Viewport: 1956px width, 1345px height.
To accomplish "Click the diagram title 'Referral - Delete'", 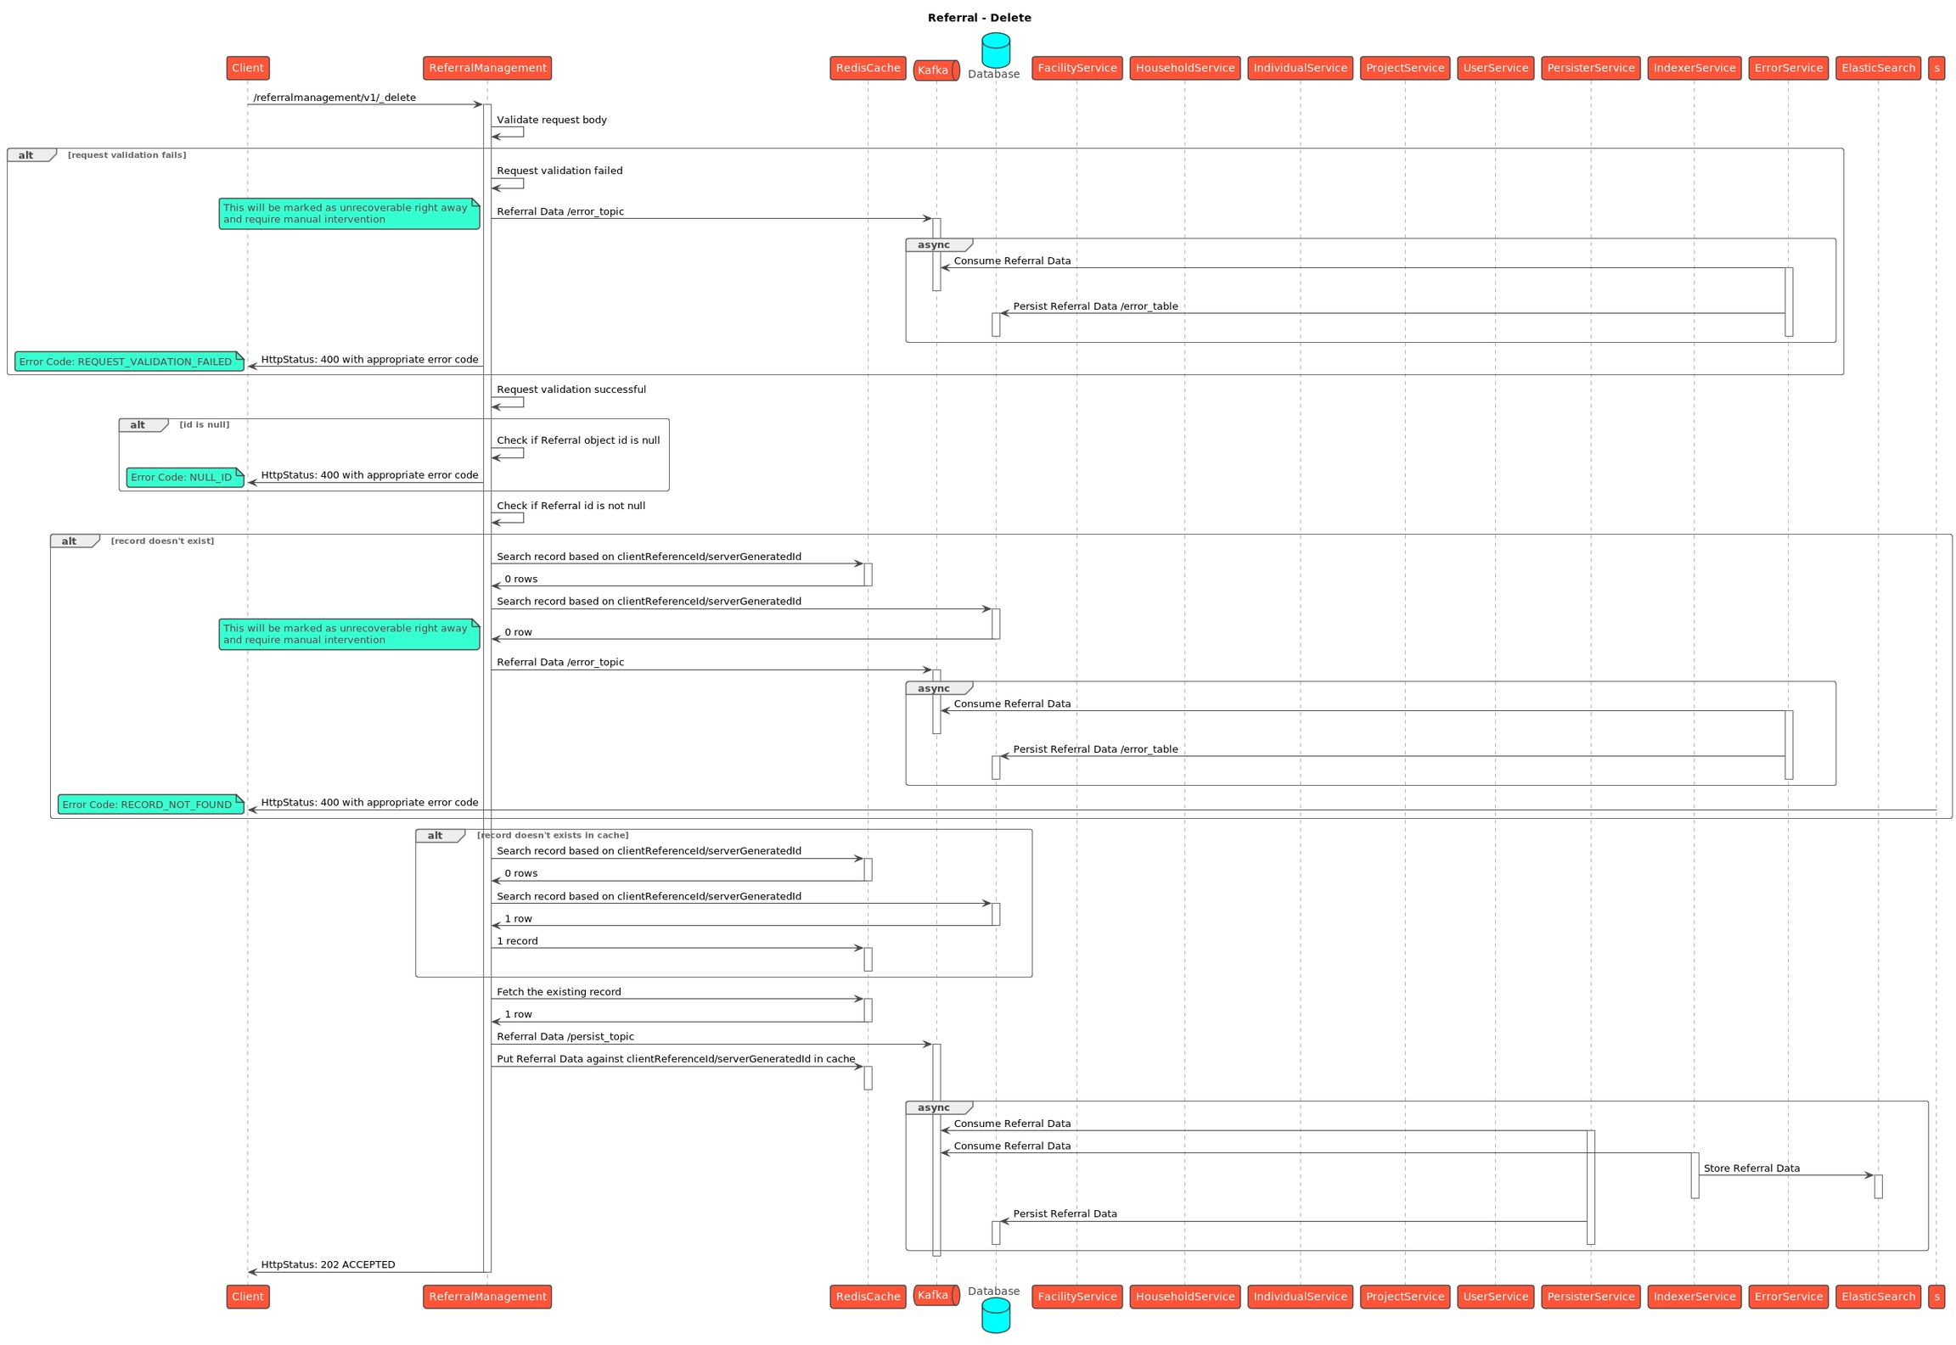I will (979, 18).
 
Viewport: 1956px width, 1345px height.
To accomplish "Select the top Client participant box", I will (248, 68).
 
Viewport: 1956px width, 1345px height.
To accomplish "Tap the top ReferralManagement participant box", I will (487, 68).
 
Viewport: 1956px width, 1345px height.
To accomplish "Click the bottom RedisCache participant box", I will (868, 1296).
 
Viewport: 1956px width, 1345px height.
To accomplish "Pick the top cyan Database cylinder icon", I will (995, 50).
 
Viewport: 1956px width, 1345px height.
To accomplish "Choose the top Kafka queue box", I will (936, 70).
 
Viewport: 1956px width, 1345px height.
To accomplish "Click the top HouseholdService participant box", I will (1184, 68).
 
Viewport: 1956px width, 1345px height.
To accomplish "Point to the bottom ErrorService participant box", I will (1788, 1296).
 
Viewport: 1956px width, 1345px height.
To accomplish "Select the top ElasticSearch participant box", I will (1878, 68).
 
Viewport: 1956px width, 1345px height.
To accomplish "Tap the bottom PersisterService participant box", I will (1590, 1296).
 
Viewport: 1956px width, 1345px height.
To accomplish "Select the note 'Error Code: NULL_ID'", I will (185, 477).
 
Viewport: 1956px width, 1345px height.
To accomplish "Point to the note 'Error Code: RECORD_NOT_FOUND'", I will (150, 804).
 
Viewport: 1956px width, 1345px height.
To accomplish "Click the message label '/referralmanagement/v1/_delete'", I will (334, 98).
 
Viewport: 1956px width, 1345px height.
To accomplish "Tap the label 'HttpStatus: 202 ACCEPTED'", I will (328, 1264).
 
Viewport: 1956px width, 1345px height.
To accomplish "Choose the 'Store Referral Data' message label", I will (1751, 1168).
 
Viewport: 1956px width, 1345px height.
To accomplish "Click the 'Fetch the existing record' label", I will (559, 992).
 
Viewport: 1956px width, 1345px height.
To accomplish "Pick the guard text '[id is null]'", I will (204, 424).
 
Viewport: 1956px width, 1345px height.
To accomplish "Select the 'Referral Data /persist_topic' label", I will (565, 1037).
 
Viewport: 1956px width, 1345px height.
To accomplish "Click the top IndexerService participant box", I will (1694, 68).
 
